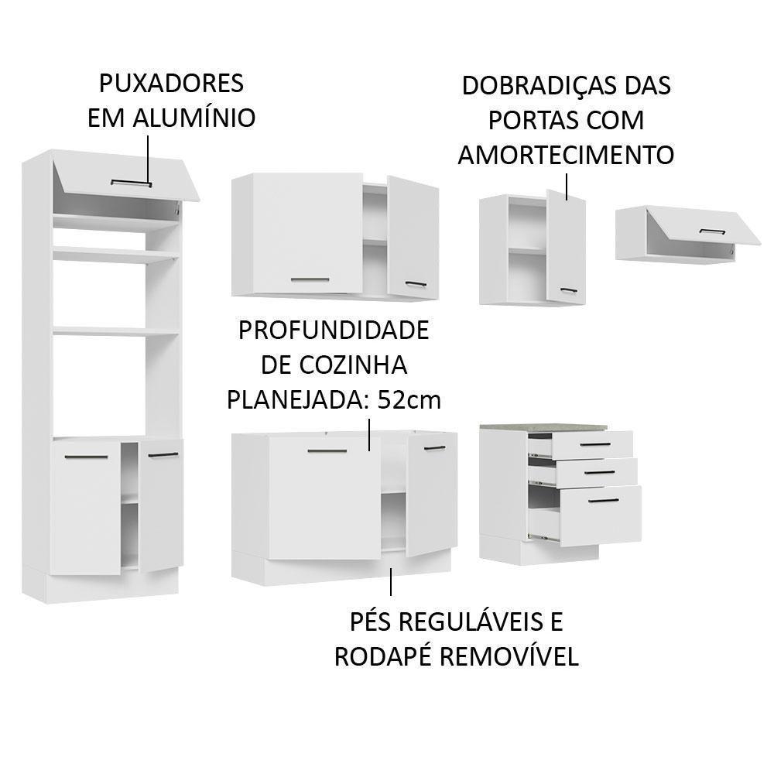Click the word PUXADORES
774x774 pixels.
pos(171,83)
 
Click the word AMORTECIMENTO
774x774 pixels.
pos(566,155)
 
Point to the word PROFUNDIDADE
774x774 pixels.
pos(333,330)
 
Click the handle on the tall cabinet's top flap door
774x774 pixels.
pos(131,183)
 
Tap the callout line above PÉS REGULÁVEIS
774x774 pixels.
pos(391,581)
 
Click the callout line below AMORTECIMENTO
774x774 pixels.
pos(567,187)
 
